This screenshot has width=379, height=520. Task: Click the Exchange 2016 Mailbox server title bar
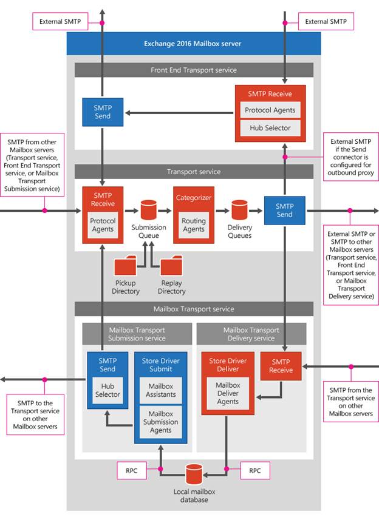pyautogui.click(x=193, y=44)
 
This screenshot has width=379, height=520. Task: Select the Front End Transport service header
pyautogui.click(x=193, y=70)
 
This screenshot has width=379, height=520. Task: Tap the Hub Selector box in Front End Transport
pyautogui.click(x=270, y=128)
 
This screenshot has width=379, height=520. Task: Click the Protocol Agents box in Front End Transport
pyautogui.click(x=270, y=110)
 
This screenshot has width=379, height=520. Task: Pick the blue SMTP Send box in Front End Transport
pyautogui.click(x=103, y=112)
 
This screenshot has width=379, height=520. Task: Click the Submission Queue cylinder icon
pyautogui.click(x=149, y=211)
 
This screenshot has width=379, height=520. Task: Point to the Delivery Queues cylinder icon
pyautogui.click(x=240, y=210)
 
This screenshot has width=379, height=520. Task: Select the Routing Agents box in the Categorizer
pyautogui.click(x=194, y=226)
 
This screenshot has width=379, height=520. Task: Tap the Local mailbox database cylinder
pyautogui.click(x=194, y=474)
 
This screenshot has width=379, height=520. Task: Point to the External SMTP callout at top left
pyautogui.click(x=58, y=22)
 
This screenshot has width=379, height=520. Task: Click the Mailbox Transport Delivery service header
pyautogui.click(x=251, y=334)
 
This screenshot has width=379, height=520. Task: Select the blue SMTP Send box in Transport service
pyautogui.click(x=284, y=210)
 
